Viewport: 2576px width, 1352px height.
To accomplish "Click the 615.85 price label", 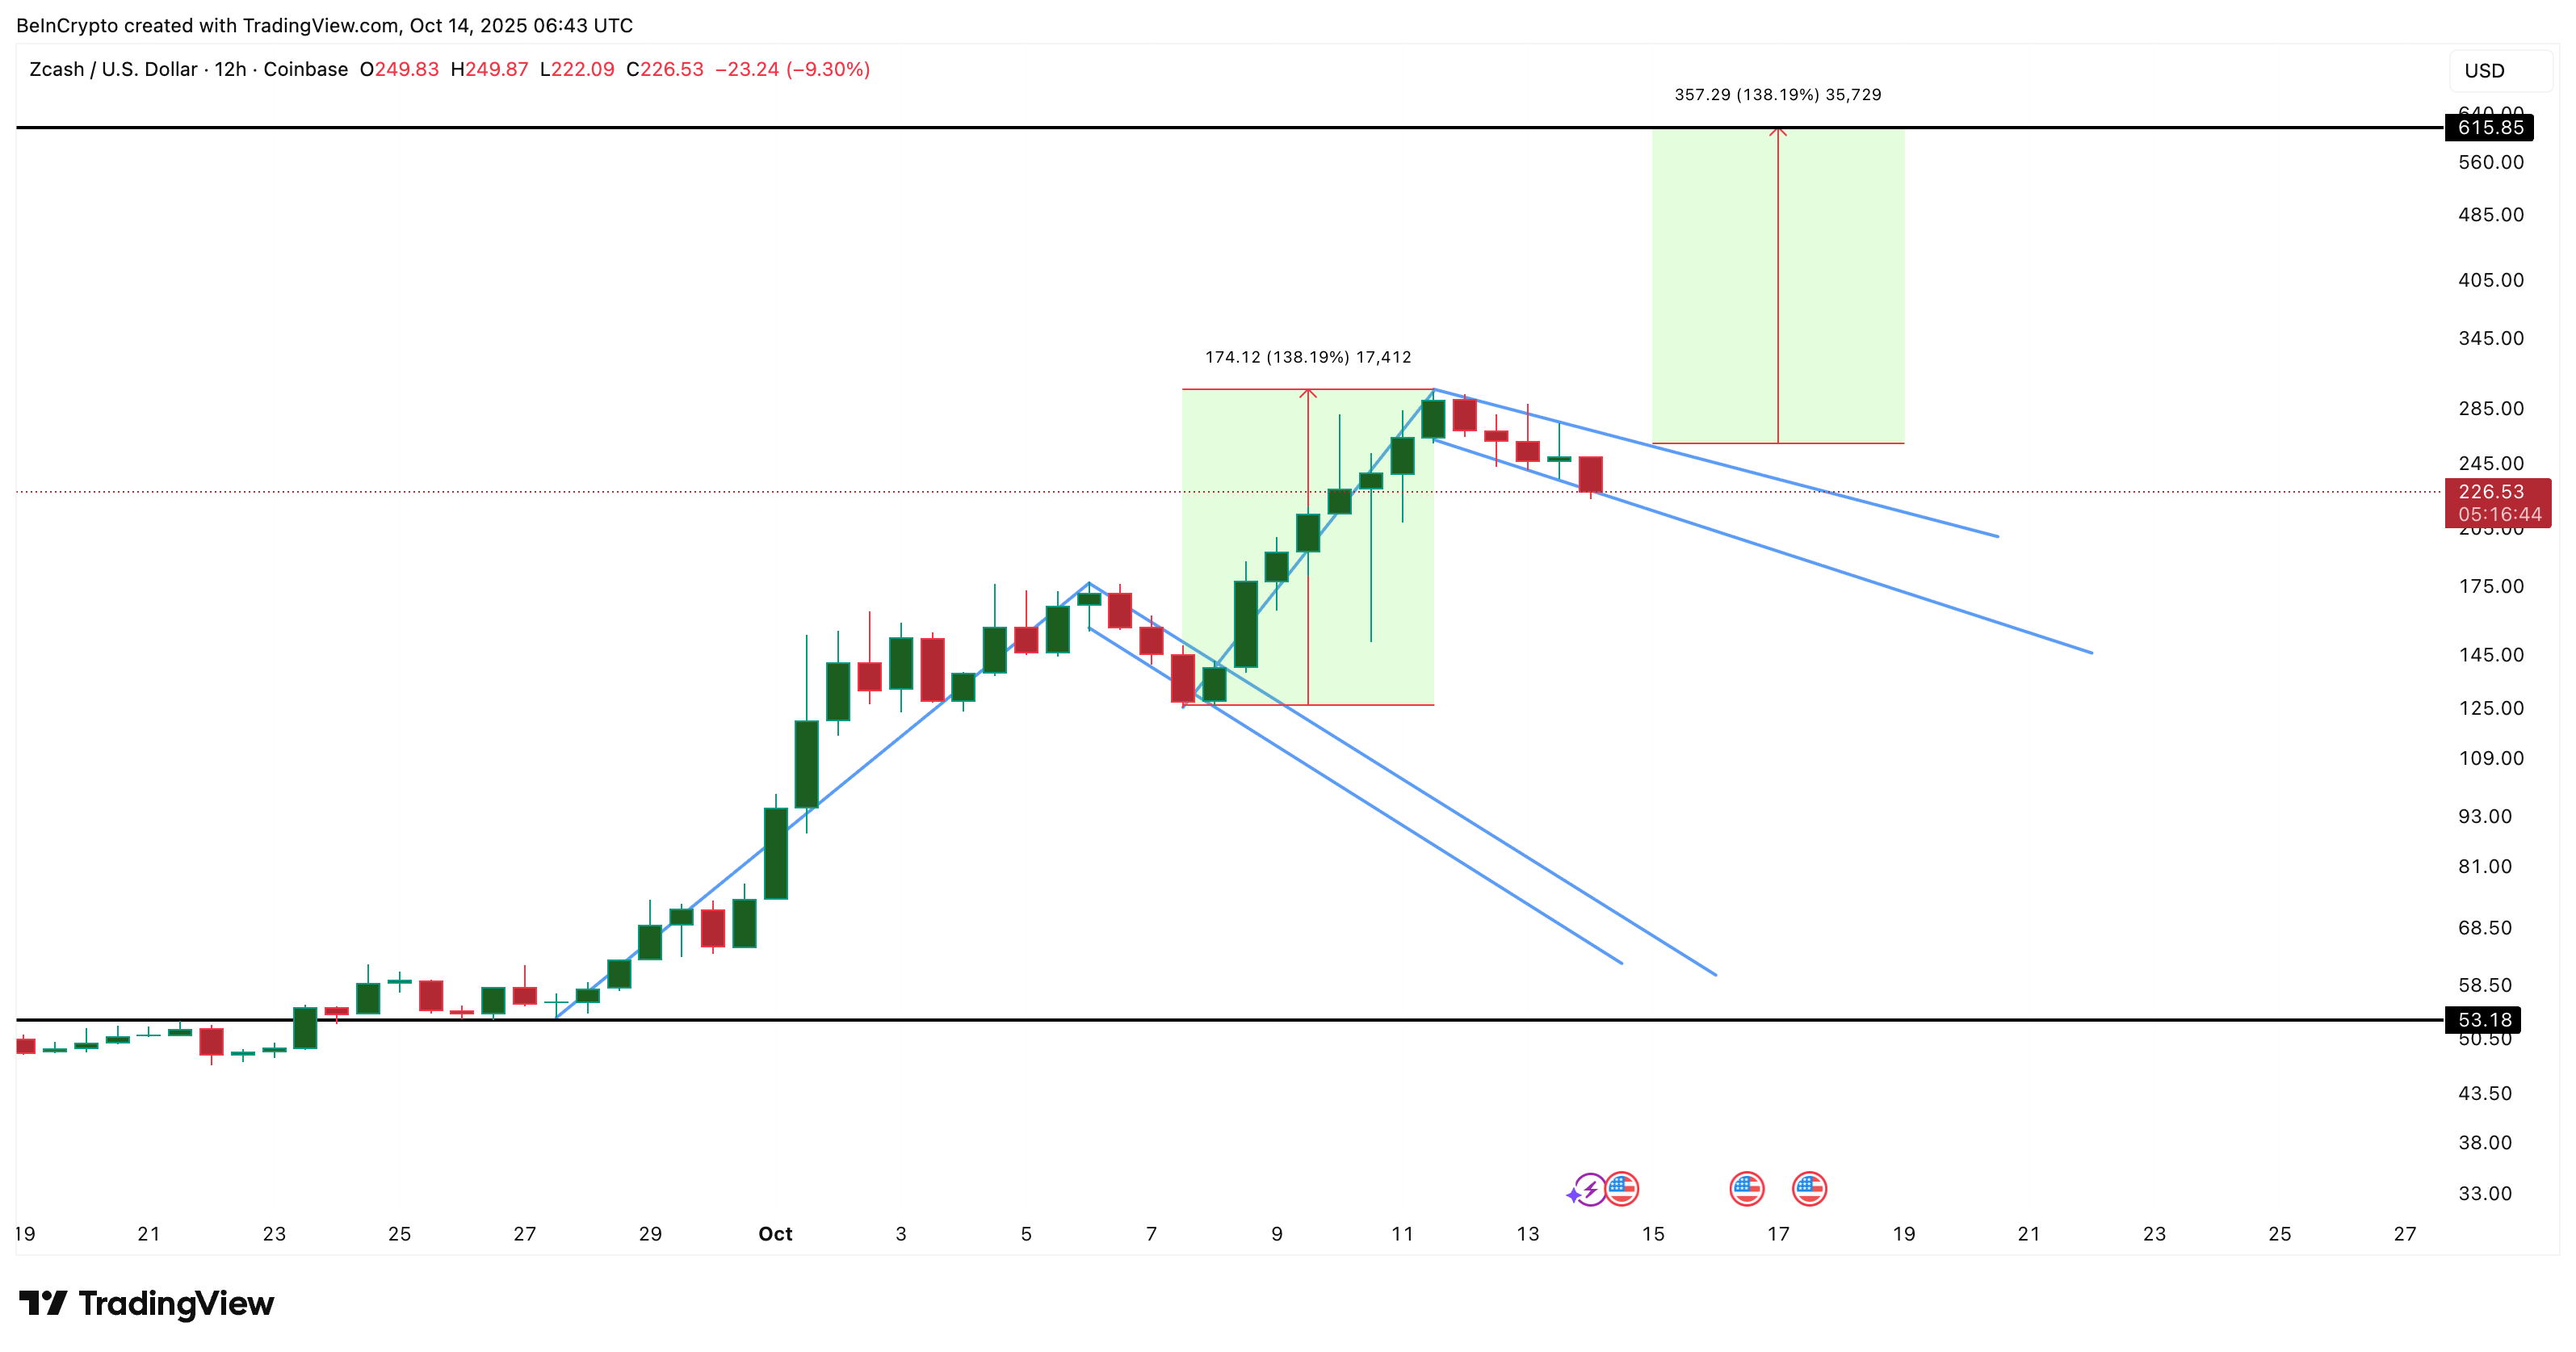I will click(2490, 128).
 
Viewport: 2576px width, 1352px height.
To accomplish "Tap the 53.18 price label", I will click(2484, 1020).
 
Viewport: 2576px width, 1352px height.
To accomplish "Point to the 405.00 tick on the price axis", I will click(2490, 280).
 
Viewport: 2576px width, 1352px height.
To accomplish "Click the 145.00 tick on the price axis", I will click(2490, 655).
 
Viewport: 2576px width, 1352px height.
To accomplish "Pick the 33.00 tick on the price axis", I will click(2484, 1193).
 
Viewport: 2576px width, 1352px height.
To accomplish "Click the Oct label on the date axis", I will click(775, 1234).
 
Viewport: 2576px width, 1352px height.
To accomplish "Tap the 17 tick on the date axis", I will click(1778, 1234).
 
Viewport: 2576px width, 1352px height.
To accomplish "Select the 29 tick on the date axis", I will click(650, 1234).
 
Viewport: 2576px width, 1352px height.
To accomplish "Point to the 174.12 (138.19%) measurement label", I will click(1307, 357).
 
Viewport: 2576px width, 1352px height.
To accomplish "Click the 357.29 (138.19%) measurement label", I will click(1777, 95).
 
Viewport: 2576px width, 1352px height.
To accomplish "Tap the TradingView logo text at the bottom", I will click(175, 1304).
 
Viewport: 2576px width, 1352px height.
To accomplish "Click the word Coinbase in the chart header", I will click(305, 69).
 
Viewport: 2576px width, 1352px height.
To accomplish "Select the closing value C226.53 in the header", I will click(665, 69).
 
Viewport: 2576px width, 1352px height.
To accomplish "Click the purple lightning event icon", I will click(1589, 1190).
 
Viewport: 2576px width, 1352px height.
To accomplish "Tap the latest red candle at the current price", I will click(1590, 475).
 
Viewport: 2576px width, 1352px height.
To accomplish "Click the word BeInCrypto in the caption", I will click(66, 25).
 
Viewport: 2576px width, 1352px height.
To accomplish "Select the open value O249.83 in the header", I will click(399, 69).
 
